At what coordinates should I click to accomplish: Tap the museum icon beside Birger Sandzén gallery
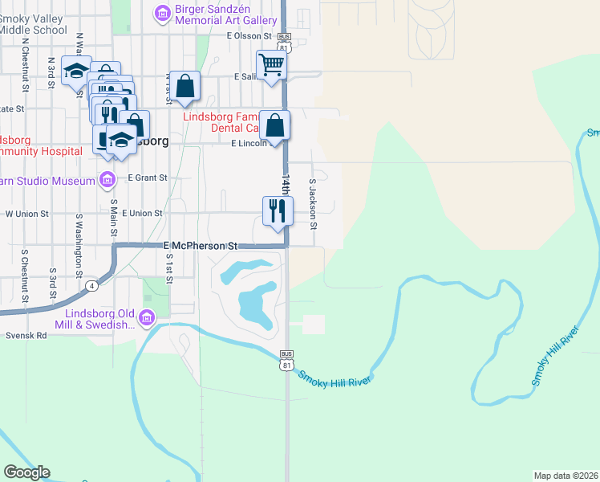[x=162, y=13]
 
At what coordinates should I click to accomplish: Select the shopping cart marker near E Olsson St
[x=272, y=64]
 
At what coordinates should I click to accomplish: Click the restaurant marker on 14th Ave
[x=275, y=211]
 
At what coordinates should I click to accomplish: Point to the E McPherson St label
[x=201, y=245]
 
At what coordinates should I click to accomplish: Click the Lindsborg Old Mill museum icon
[x=147, y=319]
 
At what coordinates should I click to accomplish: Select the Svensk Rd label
[x=26, y=336]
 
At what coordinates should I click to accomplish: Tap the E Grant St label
[x=147, y=178]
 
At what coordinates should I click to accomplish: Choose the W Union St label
[x=27, y=214]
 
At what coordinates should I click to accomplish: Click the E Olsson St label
[x=250, y=36]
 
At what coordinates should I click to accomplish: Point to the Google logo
[x=26, y=472]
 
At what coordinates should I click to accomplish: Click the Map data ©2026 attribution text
[x=565, y=476]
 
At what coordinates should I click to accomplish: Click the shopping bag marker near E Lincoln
[x=275, y=126]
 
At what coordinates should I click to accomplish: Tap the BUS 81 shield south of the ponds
[x=286, y=361]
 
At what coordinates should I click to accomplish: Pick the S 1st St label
[x=170, y=268]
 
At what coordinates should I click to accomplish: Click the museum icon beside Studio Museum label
[x=107, y=180]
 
